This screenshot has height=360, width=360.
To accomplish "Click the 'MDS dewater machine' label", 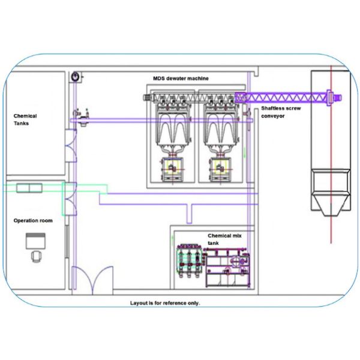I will pos(182,79).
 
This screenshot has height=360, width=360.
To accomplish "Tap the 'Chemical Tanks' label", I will pos(25,119).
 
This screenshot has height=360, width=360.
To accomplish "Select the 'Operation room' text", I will pos(33,221).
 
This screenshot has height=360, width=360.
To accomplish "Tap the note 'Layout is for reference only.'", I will pos(165,303).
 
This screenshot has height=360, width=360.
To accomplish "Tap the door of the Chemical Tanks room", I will pos(71,146).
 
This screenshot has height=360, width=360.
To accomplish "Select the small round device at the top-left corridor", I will pos(76,77).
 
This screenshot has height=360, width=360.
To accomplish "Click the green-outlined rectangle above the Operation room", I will pos(26,189).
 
